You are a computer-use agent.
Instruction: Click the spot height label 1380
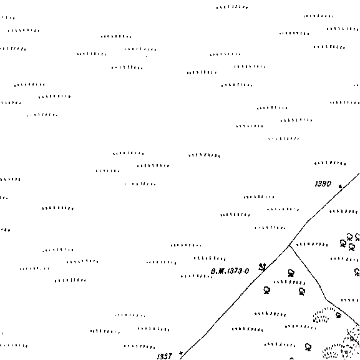[x=323, y=183]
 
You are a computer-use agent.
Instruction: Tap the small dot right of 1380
[x=340, y=186]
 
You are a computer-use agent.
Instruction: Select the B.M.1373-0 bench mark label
[x=230, y=271]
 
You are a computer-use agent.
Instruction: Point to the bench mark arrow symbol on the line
[x=262, y=267]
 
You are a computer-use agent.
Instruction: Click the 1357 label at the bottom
[x=165, y=356]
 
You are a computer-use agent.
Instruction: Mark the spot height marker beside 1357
[x=181, y=354]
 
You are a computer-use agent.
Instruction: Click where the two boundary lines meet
[x=289, y=246]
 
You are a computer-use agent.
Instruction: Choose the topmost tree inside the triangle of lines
[x=291, y=273]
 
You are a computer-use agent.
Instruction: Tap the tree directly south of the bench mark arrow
[x=266, y=290]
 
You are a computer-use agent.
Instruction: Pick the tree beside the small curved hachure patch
[x=338, y=315]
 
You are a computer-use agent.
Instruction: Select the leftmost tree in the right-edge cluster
[x=343, y=243]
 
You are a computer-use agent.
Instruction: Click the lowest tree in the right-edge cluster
[x=351, y=247]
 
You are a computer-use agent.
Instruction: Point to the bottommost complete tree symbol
[x=308, y=347]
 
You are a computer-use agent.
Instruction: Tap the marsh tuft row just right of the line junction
[x=312, y=245]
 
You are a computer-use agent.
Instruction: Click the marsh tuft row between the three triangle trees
[x=289, y=282]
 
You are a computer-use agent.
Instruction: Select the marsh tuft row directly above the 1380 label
[x=330, y=163]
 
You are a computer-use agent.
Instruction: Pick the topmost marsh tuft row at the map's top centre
[x=232, y=7]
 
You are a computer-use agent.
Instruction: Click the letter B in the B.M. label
[x=213, y=271]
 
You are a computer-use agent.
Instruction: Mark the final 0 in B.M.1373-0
[x=246, y=271]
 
